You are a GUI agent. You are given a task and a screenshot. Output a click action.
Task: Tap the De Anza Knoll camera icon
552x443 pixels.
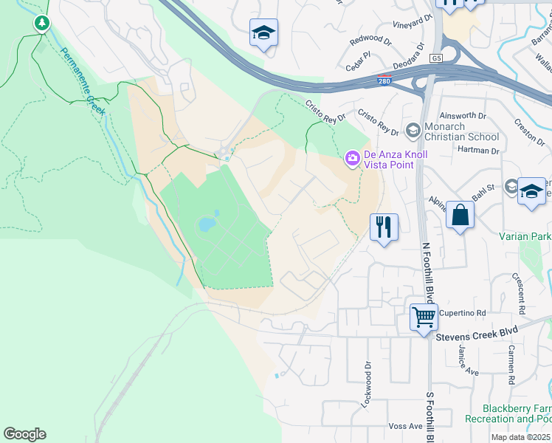(353, 157)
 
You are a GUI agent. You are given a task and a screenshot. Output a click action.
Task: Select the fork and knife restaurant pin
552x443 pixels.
(384, 226)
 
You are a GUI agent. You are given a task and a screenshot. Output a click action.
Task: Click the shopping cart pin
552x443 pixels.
(424, 317)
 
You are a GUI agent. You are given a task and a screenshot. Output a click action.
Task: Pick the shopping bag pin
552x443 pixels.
(460, 216)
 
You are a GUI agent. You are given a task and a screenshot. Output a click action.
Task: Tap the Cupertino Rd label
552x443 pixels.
(463, 313)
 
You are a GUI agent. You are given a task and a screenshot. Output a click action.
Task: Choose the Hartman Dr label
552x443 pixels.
(479, 151)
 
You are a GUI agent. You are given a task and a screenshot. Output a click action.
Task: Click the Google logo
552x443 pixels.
(24, 434)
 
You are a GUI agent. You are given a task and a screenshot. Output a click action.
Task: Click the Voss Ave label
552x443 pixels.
(405, 427)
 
